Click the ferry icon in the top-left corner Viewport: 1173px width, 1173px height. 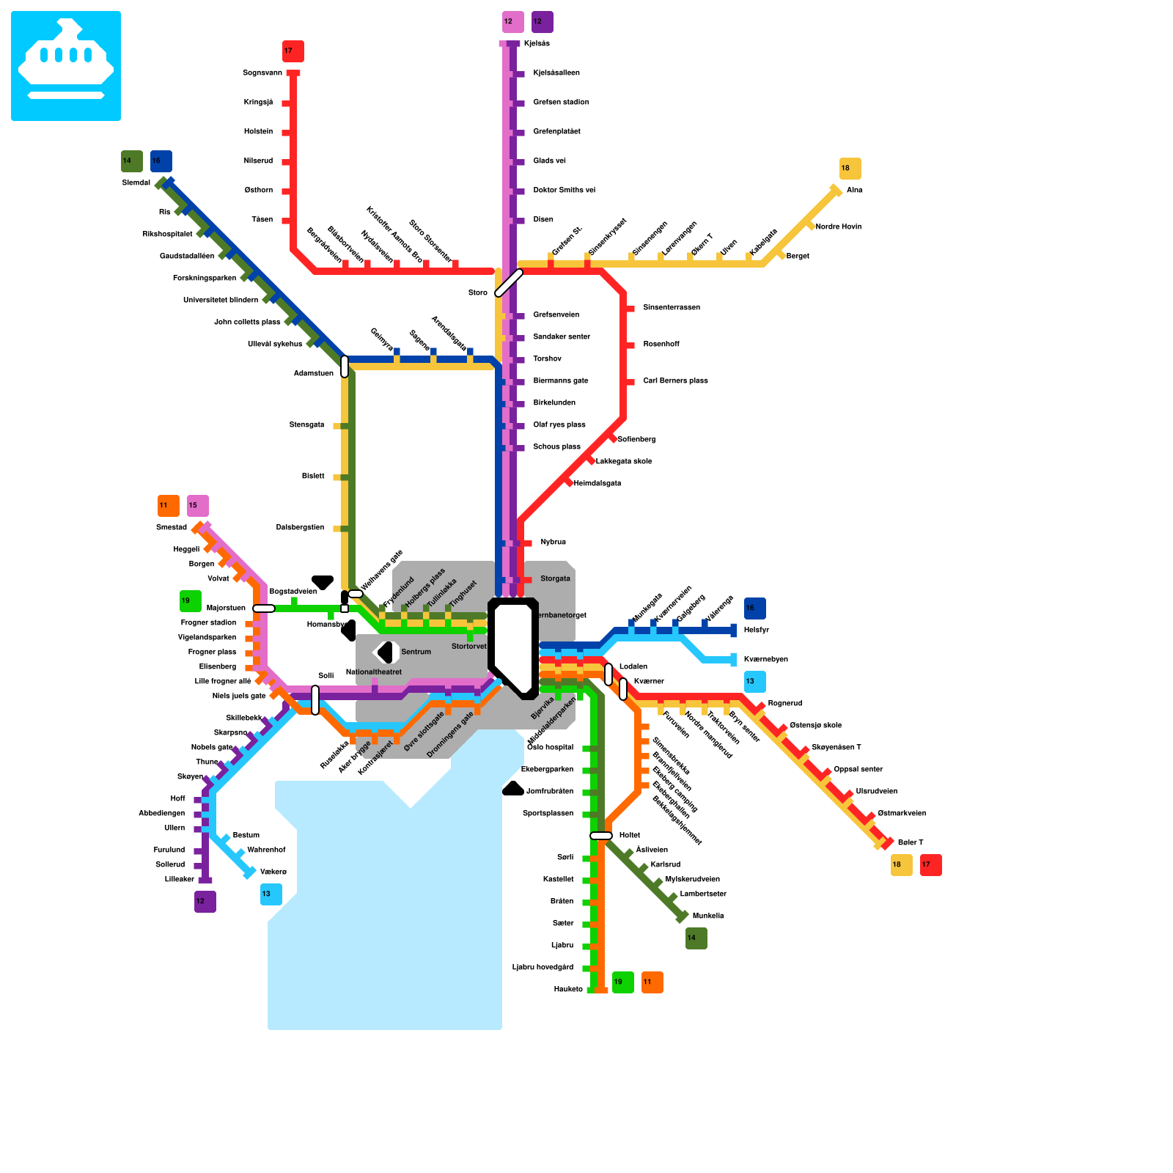(66, 66)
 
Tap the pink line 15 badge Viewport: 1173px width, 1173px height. (198, 506)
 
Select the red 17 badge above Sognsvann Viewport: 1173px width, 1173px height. (293, 51)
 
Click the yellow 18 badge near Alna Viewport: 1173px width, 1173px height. (850, 169)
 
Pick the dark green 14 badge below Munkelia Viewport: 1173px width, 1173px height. (696, 938)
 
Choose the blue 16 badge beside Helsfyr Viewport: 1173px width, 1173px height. (755, 608)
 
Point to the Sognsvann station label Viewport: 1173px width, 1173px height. (262, 73)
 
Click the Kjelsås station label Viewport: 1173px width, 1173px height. (537, 44)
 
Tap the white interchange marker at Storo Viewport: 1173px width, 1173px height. (509, 283)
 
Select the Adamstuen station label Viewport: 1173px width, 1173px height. (313, 374)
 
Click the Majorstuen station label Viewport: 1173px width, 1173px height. (226, 608)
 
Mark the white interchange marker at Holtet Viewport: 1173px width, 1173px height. (601, 836)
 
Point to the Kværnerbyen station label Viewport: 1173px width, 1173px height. (765, 660)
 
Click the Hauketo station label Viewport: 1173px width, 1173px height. (568, 990)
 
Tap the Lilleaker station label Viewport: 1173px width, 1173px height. (180, 880)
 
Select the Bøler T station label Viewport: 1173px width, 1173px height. (911, 843)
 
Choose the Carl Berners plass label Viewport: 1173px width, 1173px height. (675, 381)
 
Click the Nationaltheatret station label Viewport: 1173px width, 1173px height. (374, 672)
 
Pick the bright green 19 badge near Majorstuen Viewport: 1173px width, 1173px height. (191, 601)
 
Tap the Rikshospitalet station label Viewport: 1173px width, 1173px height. (168, 235)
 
